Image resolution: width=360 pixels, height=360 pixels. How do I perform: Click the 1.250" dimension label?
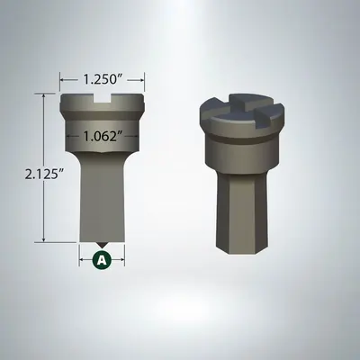(102, 78)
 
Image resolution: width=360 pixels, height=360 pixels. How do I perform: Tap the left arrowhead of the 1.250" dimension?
(62, 78)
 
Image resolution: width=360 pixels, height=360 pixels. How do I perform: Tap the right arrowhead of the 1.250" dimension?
(141, 78)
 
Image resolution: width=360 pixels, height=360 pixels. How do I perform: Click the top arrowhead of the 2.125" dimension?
(42, 94)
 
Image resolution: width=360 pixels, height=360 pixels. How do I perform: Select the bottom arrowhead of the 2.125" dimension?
(42, 240)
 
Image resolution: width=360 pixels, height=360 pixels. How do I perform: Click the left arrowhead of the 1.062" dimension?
(69, 138)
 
